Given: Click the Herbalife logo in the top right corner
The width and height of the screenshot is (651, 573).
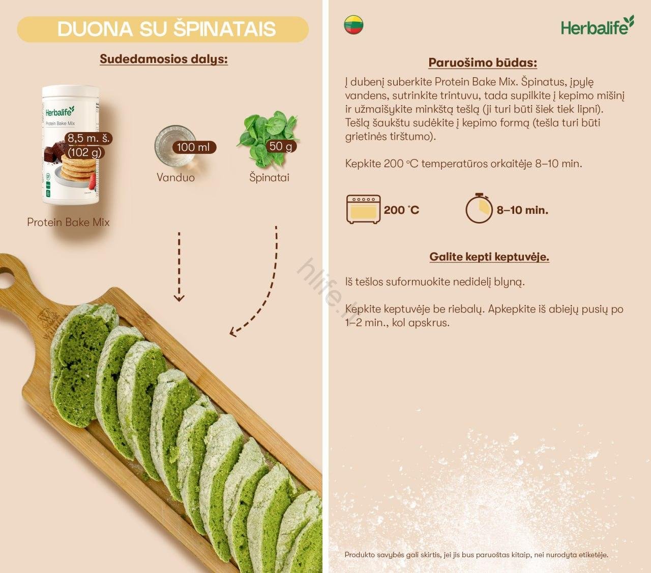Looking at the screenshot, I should click(x=597, y=26).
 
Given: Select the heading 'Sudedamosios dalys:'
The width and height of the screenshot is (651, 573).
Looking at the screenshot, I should click(x=163, y=59).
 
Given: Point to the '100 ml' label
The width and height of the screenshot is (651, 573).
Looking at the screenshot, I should click(x=193, y=147).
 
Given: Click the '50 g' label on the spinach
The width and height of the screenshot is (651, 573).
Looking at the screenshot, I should click(x=281, y=146).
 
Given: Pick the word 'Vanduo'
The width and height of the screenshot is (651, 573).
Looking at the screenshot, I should click(x=175, y=177).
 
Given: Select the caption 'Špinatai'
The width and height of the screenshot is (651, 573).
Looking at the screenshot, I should click(x=269, y=177).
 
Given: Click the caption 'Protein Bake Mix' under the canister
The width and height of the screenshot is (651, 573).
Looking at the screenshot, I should click(x=68, y=222).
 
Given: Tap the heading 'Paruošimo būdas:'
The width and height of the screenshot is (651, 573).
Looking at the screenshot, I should click(x=482, y=63).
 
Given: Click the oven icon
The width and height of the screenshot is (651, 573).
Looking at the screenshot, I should click(x=363, y=209).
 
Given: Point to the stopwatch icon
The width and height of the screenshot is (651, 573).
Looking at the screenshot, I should click(x=479, y=208).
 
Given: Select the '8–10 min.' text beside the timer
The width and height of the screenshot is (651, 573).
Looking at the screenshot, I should click(x=522, y=210).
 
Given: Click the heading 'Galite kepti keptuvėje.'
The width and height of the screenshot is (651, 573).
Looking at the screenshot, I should click(x=489, y=257).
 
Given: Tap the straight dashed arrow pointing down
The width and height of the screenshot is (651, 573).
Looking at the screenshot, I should click(x=179, y=267).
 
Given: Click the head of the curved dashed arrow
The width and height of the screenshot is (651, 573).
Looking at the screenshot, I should click(x=233, y=332).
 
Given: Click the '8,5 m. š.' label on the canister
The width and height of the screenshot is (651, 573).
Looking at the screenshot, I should click(x=89, y=138).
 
